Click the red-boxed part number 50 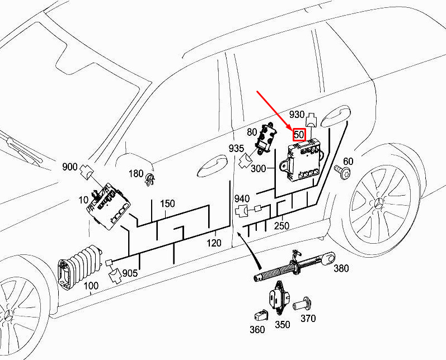click(x=299, y=134)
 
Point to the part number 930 click(x=297, y=114)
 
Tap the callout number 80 click(x=252, y=132)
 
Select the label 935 click(x=236, y=148)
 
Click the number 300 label click(x=259, y=168)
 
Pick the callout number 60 click(x=348, y=161)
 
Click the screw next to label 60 click(x=342, y=172)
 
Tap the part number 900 click(x=70, y=167)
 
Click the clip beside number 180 click(x=150, y=179)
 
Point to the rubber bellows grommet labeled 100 click(x=80, y=267)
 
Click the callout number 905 click(x=130, y=273)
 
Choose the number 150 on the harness click(x=167, y=203)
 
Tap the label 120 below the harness click(x=214, y=243)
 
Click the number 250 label click(x=281, y=226)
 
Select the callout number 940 click(x=242, y=198)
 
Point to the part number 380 click(x=341, y=268)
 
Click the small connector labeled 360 click(x=261, y=315)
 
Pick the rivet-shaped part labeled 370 click(x=303, y=304)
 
